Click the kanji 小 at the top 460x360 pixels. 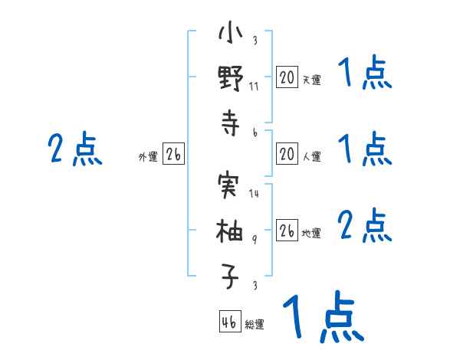tap(231, 33)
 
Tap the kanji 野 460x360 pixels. tap(231, 78)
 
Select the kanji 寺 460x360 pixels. tap(231, 123)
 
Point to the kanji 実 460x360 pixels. tap(228, 185)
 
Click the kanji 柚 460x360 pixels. tap(229, 231)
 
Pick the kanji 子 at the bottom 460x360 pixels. tap(230, 277)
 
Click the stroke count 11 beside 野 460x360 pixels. tap(254, 87)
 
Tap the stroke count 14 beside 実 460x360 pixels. tap(254, 193)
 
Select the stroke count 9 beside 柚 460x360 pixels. tap(255, 240)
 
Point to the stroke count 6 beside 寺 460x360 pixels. tap(255, 133)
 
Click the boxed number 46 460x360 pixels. tap(230, 321)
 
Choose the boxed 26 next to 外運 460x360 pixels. tap(173, 154)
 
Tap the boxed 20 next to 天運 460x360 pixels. tap(287, 77)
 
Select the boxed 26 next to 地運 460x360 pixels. tap(287, 230)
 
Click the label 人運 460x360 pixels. tap(312, 156)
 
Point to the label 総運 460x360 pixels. tap(255, 324)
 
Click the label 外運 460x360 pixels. tap(148, 156)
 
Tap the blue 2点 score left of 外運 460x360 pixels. tap(75, 149)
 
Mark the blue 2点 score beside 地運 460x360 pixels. tap(365, 225)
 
